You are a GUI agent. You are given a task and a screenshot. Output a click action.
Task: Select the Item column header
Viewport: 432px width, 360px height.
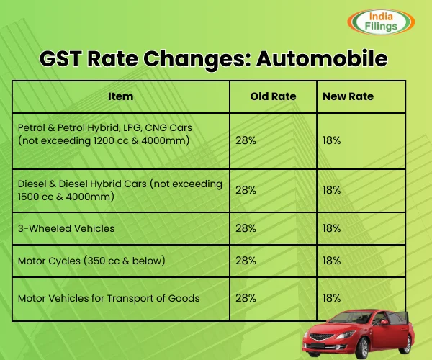[x=120, y=96]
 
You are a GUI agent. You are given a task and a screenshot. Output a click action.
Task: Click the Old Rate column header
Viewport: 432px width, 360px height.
[x=273, y=96]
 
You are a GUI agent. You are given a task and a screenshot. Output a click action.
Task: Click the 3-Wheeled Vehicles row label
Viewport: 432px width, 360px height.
[x=66, y=228]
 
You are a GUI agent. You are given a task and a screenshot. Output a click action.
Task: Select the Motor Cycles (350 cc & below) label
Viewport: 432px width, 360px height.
[x=91, y=260]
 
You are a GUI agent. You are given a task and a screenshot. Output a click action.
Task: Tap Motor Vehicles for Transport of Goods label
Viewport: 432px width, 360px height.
[x=108, y=297]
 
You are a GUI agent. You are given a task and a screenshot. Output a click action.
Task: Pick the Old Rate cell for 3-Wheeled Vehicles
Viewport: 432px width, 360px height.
[x=246, y=228]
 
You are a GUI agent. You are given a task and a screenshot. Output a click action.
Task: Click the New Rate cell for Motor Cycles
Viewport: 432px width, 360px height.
[x=332, y=260]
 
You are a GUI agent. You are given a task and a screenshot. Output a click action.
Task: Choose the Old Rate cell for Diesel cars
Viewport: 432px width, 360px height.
[x=246, y=190]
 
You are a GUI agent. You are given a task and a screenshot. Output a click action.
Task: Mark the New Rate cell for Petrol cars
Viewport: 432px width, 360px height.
[x=332, y=140]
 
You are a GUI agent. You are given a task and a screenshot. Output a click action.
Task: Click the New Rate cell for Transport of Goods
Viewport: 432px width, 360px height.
[x=332, y=297]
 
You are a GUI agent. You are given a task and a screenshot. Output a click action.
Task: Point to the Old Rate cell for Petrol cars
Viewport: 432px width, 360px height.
[x=246, y=140]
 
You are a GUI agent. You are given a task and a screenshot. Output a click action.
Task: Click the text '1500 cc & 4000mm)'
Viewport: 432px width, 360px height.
[x=66, y=197]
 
